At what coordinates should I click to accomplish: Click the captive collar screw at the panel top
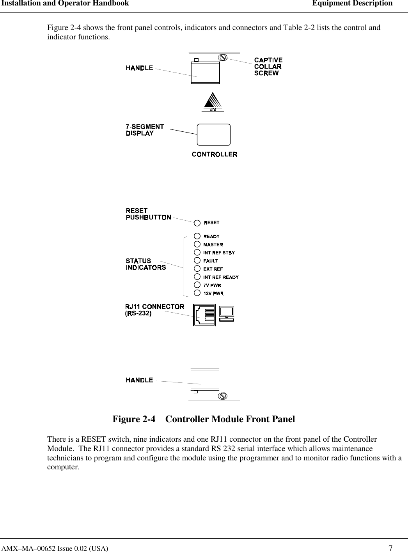click(222, 57)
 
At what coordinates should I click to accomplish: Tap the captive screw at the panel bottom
click(222, 395)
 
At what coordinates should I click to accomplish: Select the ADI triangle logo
click(213, 103)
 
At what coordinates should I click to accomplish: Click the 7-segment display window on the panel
click(214, 134)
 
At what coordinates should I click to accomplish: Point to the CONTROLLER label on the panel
click(215, 154)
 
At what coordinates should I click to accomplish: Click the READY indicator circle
click(197, 236)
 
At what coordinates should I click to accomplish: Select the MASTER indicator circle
click(197, 244)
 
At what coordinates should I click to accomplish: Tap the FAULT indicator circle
click(197, 260)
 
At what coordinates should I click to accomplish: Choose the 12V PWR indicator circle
click(197, 293)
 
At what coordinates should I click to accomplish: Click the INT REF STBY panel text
click(219, 253)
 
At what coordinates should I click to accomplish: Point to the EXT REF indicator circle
click(197, 269)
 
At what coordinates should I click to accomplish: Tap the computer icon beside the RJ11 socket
click(227, 313)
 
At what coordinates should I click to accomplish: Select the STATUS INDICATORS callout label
click(145, 264)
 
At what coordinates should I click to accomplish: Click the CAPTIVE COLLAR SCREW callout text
click(268, 66)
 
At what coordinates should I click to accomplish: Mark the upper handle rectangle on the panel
click(205, 73)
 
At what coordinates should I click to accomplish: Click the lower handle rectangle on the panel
click(205, 378)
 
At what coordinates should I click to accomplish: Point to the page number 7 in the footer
click(390, 548)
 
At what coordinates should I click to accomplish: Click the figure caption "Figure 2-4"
click(134, 419)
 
